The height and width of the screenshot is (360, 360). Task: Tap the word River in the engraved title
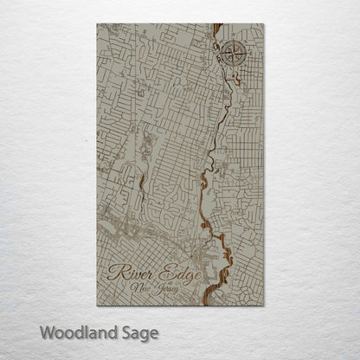click(130, 275)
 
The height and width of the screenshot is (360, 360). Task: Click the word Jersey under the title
click(170, 292)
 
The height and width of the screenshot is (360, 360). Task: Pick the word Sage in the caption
click(147, 331)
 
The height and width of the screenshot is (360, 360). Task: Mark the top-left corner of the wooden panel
click(97, 24)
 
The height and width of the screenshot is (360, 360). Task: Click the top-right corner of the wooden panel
click(263, 24)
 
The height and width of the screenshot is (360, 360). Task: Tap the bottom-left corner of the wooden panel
click(97, 305)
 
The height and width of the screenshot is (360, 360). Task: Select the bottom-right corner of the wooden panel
click(263, 305)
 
